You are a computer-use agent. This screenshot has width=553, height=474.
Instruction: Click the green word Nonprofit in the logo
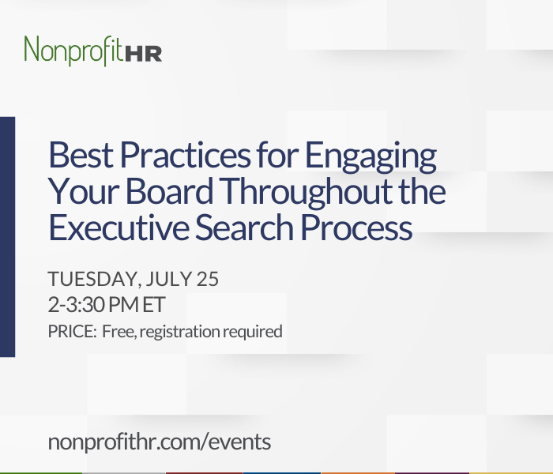(73, 51)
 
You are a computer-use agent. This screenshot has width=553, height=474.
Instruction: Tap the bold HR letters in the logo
(144, 54)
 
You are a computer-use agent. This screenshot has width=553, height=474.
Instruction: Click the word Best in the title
(81, 155)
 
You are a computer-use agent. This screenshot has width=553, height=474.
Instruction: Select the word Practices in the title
(185, 155)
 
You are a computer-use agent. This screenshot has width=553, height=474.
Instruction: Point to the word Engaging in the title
(371, 157)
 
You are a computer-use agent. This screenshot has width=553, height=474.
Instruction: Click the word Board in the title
(169, 191)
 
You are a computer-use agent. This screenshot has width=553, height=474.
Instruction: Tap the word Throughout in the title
(307, 193)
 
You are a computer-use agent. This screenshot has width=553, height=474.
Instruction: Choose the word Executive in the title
(118, 228)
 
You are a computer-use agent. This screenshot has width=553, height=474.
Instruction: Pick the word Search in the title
(244, 228)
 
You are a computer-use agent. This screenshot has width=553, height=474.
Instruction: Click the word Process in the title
(356, 228)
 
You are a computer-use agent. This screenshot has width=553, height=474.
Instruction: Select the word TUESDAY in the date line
(92, 280)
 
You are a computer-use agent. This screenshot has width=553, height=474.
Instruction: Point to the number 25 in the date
(208, 280)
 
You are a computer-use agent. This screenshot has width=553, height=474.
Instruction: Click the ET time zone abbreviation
(154, 305)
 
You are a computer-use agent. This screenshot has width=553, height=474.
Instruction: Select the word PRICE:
(73, 332)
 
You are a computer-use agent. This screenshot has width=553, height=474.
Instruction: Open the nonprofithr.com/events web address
(160, 442)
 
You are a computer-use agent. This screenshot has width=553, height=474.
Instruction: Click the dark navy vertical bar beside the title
(7, 237)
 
